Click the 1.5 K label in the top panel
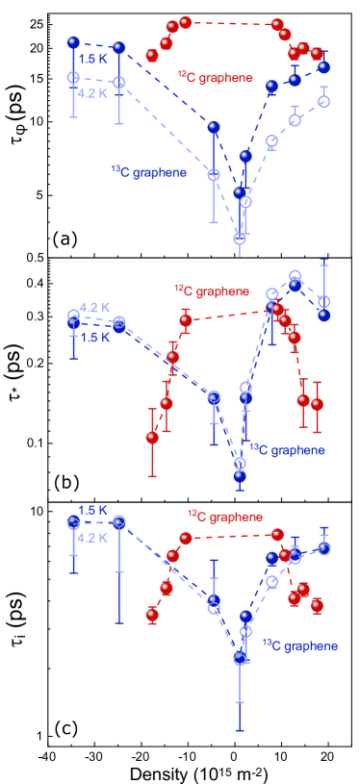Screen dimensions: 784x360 tap(93, 59)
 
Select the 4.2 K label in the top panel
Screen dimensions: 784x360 tap(93, 93)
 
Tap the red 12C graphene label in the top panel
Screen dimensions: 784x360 tap(215, 77)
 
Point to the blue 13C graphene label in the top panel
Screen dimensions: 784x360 tap(148, 172)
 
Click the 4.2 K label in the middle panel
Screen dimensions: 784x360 tap(94, 307)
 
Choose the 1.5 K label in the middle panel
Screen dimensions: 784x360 tap(94, 338)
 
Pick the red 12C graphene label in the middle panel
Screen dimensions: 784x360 tap(212, 291)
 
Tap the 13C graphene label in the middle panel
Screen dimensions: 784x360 tap(287, 449)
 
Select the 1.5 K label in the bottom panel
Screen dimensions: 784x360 tap(93, 510)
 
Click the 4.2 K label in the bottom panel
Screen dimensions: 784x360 tap(92, 538)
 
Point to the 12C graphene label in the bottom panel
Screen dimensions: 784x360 tap(225, 517)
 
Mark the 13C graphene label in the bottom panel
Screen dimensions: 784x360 tap(299, 645)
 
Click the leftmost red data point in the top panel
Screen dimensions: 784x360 tap(152, 56)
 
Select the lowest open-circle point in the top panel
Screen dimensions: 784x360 tap(240, 239)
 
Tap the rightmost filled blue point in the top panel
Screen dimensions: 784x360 tap(323, 67)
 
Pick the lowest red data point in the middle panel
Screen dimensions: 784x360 tap(152, 438)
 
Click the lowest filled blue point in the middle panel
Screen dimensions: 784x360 tap(240, 475)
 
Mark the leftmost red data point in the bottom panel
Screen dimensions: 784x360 tap(152, 614)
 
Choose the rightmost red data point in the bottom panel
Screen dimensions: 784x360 tap(317, 605)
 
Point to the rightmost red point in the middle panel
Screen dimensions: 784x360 tap(317, 404)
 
